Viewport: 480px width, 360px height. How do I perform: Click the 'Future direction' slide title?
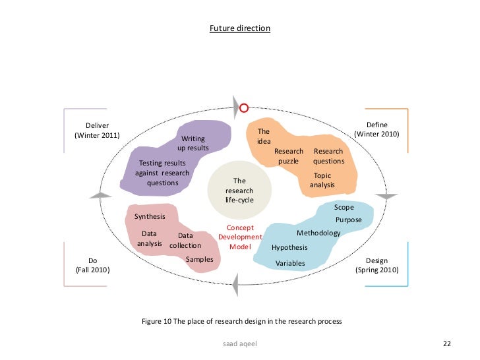240,29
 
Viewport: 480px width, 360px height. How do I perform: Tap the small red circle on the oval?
243,107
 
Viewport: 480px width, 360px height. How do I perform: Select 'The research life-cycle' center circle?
239,190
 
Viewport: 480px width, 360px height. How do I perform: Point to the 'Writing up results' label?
193,144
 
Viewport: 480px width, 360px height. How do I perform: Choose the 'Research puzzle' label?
289,156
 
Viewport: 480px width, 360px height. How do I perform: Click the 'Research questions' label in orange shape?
328,156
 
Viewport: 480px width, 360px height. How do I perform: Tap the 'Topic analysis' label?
322,181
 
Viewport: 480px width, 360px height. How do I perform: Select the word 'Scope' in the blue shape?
344,208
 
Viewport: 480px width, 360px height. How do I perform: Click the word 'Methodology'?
318,233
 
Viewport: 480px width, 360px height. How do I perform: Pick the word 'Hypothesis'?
289,248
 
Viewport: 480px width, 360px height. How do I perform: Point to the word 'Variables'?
290,263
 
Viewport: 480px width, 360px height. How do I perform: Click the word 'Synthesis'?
150,216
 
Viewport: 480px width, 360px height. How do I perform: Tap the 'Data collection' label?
185,241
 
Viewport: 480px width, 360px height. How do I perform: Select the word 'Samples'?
199,259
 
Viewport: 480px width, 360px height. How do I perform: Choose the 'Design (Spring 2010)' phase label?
376,266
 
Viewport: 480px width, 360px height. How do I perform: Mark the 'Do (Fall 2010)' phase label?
93,266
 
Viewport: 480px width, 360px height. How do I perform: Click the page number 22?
446,344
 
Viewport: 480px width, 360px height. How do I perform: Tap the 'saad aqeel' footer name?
240,344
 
